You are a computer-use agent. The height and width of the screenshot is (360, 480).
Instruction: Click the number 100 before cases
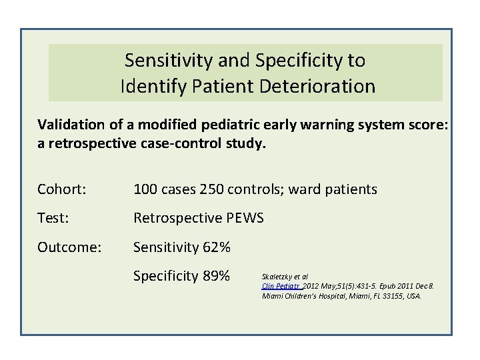click(x=145, y=190)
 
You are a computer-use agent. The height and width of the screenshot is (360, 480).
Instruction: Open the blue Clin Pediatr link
click(x=279, y=285)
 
